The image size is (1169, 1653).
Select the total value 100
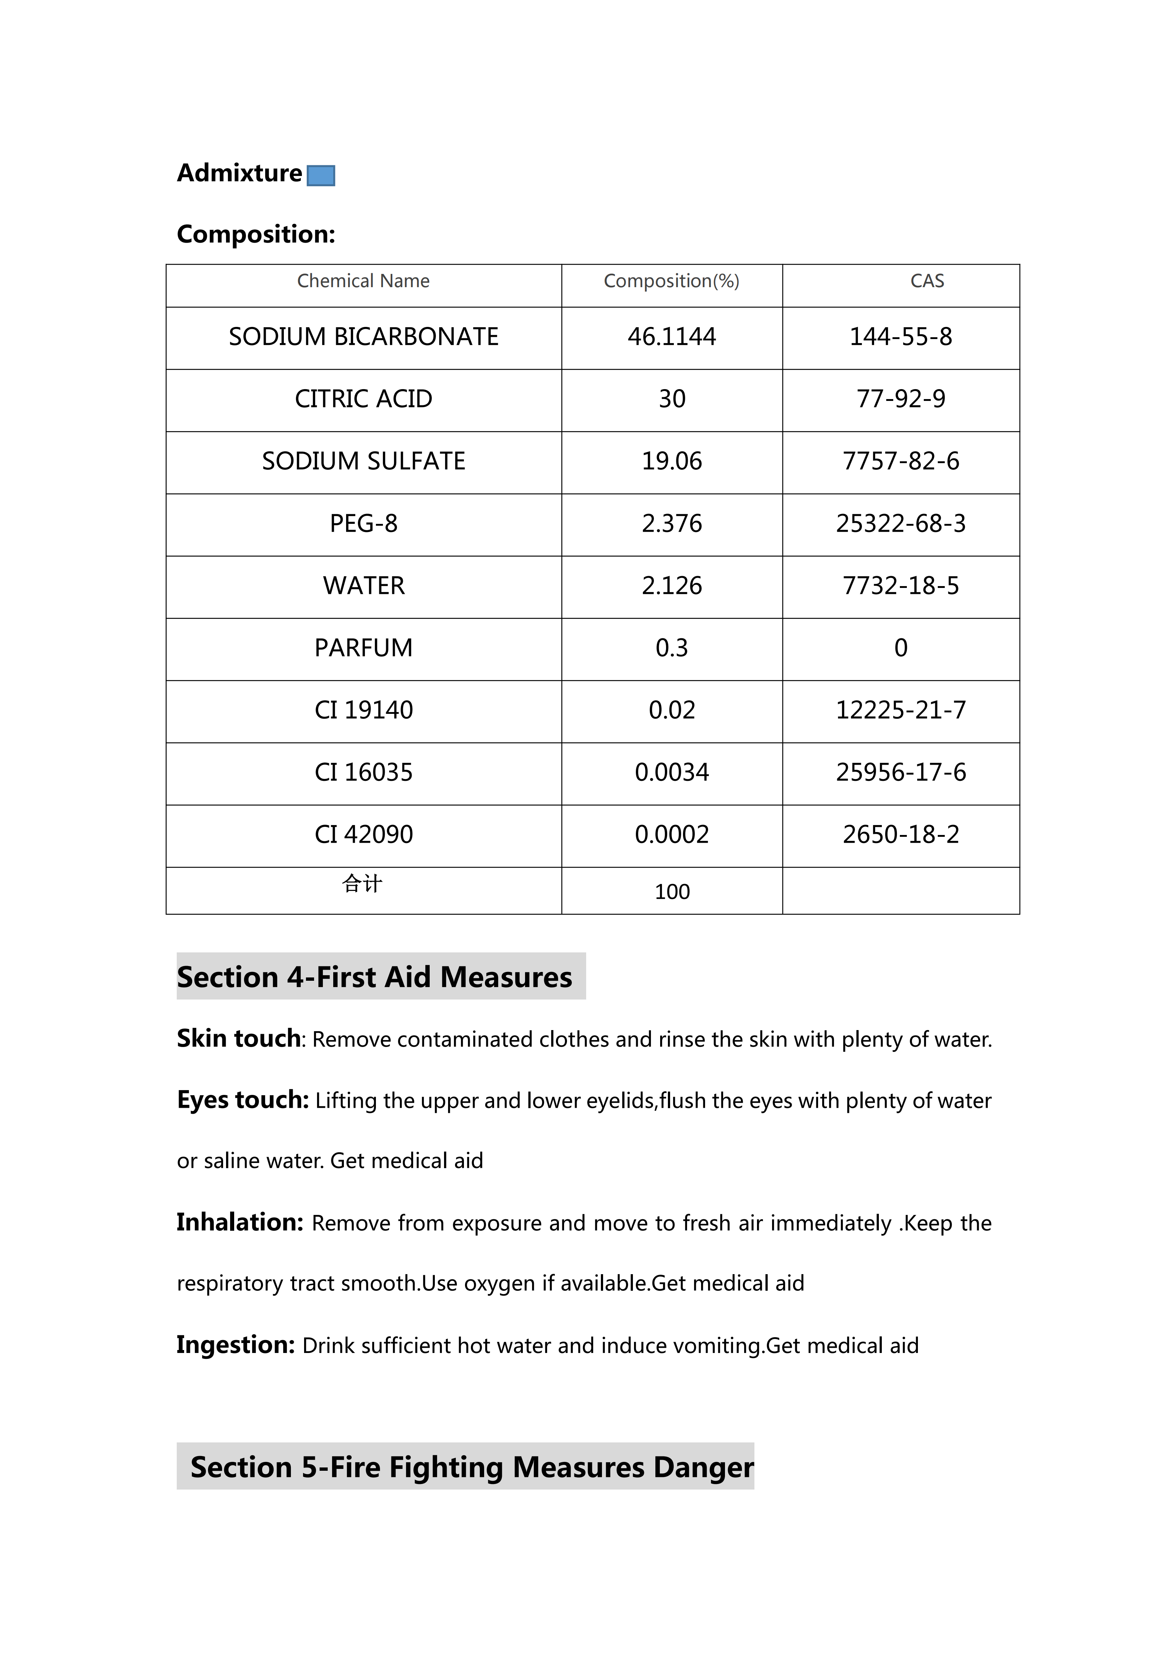[x=672, y=892]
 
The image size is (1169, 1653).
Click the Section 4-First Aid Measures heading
[x=374, y=977]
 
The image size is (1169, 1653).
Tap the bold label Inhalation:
[x=240, y=1223]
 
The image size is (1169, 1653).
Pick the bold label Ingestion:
[x=235, y=1345]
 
